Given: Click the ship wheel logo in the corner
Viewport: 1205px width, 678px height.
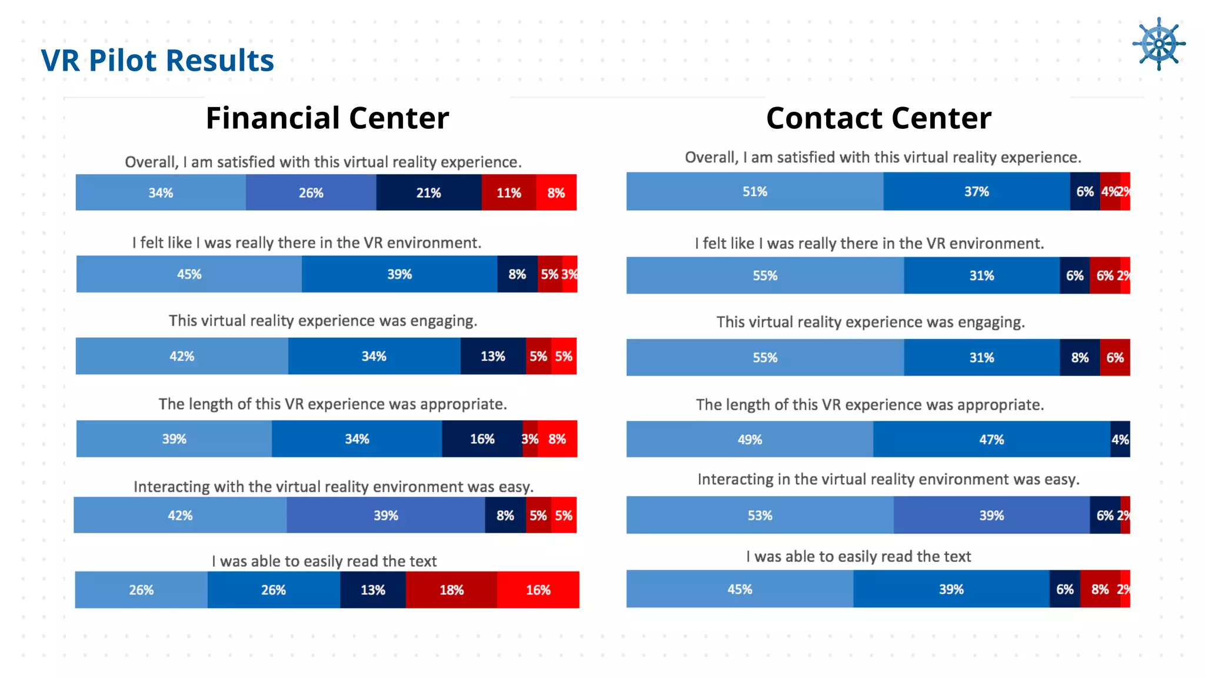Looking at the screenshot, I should pyautogui.click(x=1158, y=44).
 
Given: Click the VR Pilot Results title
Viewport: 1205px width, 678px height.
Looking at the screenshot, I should pyautogui.click(x=158, y=61).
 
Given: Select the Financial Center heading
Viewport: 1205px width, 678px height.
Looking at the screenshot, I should pyautogui.click(x=327, y=118).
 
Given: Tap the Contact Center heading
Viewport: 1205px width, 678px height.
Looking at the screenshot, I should pyautogui.click(x=878, y=118).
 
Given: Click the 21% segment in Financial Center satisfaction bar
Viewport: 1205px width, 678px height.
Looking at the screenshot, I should pyautogui.click(x=428, y=192).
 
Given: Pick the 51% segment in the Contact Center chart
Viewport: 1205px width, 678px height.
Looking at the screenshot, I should pyautogui.click(x=754, y=191).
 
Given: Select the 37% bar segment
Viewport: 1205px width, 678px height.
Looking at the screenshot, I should pyautogui.click(x=976, y=191).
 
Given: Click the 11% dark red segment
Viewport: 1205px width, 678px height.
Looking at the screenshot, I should pyautogui.click(x=508, y=192).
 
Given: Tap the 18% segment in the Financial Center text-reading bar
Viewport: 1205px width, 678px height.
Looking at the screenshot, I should pyautogui.click(x=451, y=590).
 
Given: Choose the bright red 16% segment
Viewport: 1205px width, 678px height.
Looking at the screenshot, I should pyautogui.click(x=538, y=590).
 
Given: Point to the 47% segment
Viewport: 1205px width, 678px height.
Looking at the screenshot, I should pyautogui.click(x=991, y=439).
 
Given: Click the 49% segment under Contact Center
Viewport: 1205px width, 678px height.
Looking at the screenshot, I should pyautogui.click(x=750, y=439).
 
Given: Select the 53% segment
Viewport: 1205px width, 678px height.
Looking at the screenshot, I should pyautogui.click(x=760, y=515).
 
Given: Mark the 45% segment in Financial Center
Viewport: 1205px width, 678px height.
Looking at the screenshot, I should pyautogui.click(x=189, y=274).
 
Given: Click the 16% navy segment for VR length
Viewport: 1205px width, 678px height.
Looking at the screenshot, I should pyautogui.click(x=482, y=439).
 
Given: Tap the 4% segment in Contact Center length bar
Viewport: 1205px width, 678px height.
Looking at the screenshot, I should pyautogui.click(x=1120, y=439).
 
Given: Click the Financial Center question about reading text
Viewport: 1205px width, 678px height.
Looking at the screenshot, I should pyautogui.click(x=324, y=561).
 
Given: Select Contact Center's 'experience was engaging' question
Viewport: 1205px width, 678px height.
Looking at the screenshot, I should pyautogui.click(x=870, y=322).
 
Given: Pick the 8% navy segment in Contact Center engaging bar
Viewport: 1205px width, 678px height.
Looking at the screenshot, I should pyautogui.click(x=1080, y=357).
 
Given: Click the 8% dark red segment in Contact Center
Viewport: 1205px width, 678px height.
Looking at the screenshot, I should pyautogui.click(x=1099, y=589).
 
